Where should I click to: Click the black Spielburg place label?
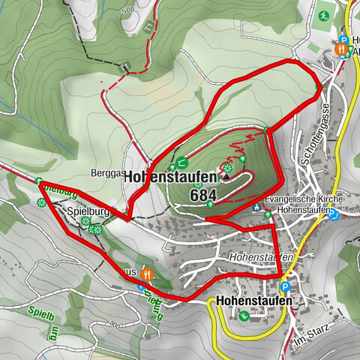point(88,211)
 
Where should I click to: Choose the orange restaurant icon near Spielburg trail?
point(147,274)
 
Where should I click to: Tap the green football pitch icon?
point(323,15)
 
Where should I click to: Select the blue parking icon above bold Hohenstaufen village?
point(284,286)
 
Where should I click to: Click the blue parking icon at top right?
point(343,40)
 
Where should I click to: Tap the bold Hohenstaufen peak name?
point(171,177)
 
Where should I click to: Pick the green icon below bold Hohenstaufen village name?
point(244,316)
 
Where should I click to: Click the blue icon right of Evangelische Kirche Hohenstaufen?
point(335,215)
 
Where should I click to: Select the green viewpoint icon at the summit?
point(226,168)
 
